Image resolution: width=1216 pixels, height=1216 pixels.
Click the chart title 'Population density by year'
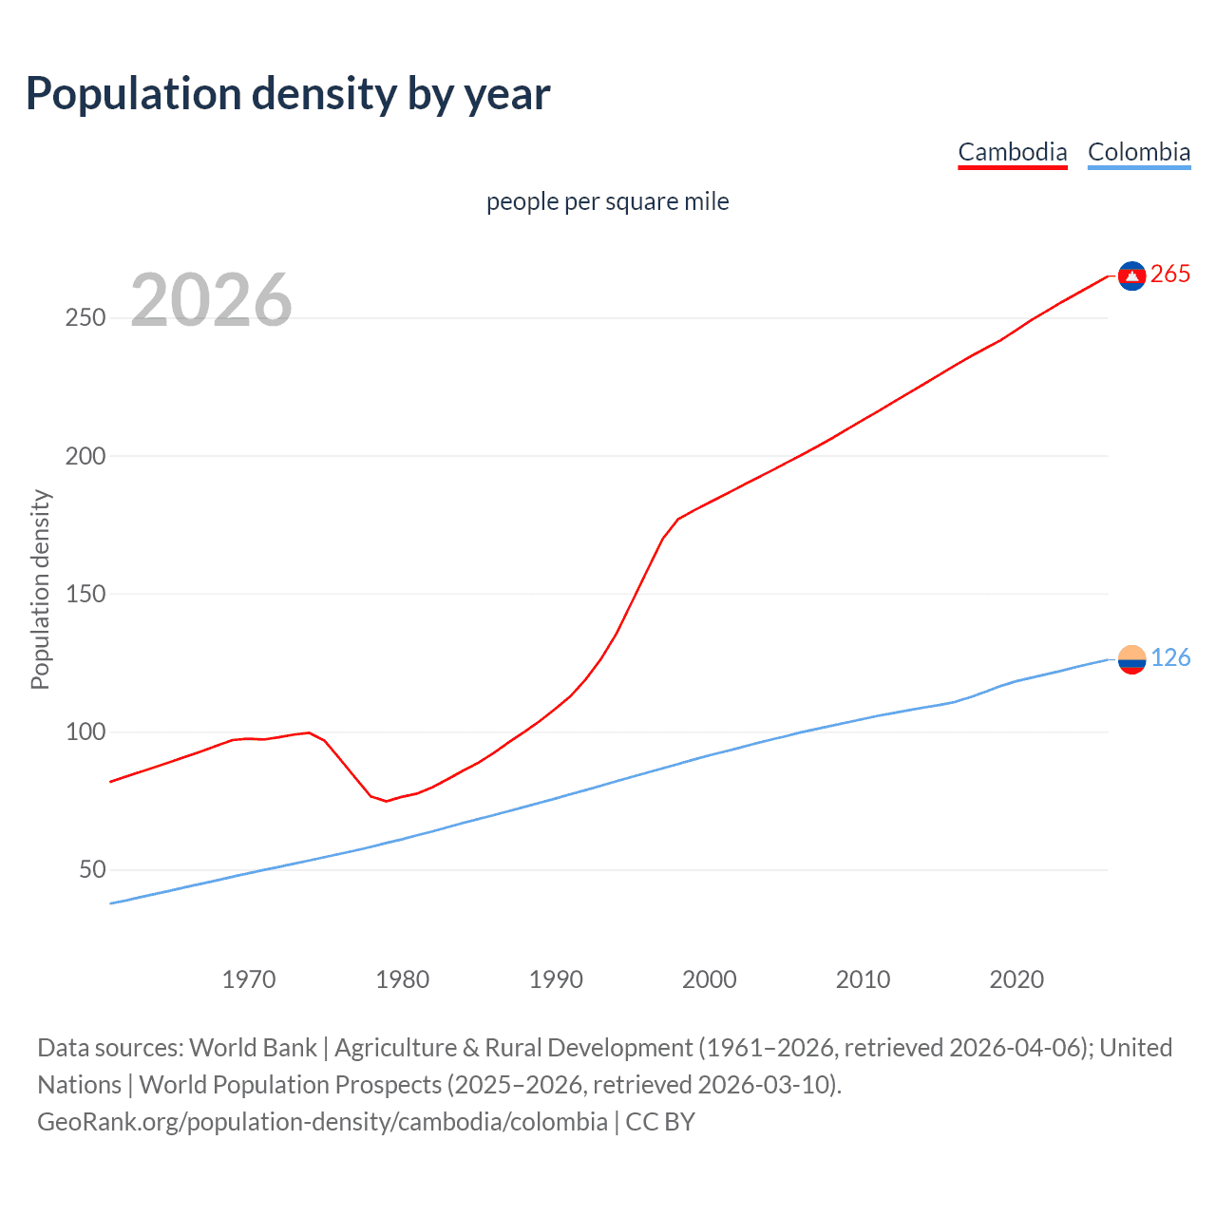[x=288, y=94]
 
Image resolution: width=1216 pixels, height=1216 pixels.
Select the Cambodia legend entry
[x=1012, y=152]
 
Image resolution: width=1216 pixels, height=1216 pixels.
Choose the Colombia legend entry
[x=1138, y=152]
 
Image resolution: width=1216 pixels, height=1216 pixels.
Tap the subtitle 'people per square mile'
[x=608, y=201]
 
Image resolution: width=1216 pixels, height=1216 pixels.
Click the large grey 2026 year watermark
[x=211, y=300]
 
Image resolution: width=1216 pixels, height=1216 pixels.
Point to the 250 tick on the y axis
[x=85, y=318]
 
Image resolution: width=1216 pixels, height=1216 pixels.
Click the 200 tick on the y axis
[x=85, y=456]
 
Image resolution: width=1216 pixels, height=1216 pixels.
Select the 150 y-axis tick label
[x=85, y=595]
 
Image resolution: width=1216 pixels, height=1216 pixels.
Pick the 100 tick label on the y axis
[x=85, y=732]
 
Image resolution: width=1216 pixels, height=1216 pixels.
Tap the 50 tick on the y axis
[x=92, y=870]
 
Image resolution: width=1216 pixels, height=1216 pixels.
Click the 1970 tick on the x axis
[x=249, y=979]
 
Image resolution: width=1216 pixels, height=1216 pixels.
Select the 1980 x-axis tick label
[x=403, y=979]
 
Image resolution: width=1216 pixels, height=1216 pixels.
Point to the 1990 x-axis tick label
[x=556, y=979]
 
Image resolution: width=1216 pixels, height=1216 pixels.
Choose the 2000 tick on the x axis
[x=710, y=979]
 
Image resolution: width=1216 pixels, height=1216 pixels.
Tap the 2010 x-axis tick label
[x=863, y=979]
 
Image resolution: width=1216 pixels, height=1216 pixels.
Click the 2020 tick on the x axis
[x=1016, y=979]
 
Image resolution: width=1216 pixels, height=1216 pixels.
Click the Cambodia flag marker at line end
[x=1131, y=275]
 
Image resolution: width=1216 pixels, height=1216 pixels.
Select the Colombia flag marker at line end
[x=1131, y=659]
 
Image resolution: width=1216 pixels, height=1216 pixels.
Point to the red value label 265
[x=1170, y=275]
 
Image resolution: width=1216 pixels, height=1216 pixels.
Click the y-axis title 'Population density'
[x=40, y=589]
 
